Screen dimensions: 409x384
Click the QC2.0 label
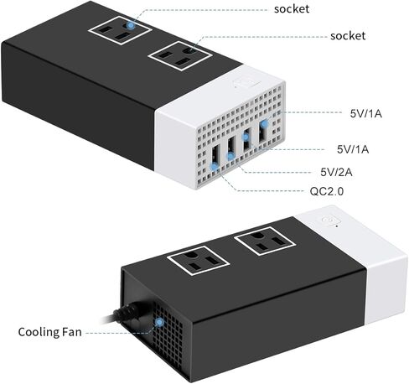tap(327, 191)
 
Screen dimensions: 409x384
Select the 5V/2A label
tap(336, 172)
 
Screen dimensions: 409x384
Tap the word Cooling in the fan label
tap(39, 332)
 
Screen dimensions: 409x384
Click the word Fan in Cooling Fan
tap(72, 332)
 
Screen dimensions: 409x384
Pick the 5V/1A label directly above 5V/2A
tap(353, 149)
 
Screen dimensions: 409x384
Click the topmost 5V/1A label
tap(366, 113)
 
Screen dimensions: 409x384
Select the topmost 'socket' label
tap(292, 9)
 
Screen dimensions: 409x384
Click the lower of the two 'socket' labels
tap(348, 36)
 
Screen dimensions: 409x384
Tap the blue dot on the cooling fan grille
tap(159, 323)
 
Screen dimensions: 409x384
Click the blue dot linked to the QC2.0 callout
tap(215, 167)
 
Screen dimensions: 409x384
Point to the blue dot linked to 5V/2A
tap(230, 156)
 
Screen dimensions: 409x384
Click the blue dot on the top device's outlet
tap(130, 25)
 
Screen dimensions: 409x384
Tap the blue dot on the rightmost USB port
tap(264, 123)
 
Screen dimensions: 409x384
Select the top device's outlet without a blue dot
tap(180, 55)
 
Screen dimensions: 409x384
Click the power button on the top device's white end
tap(247, 83)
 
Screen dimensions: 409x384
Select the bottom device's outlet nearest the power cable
tap(199, 260)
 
